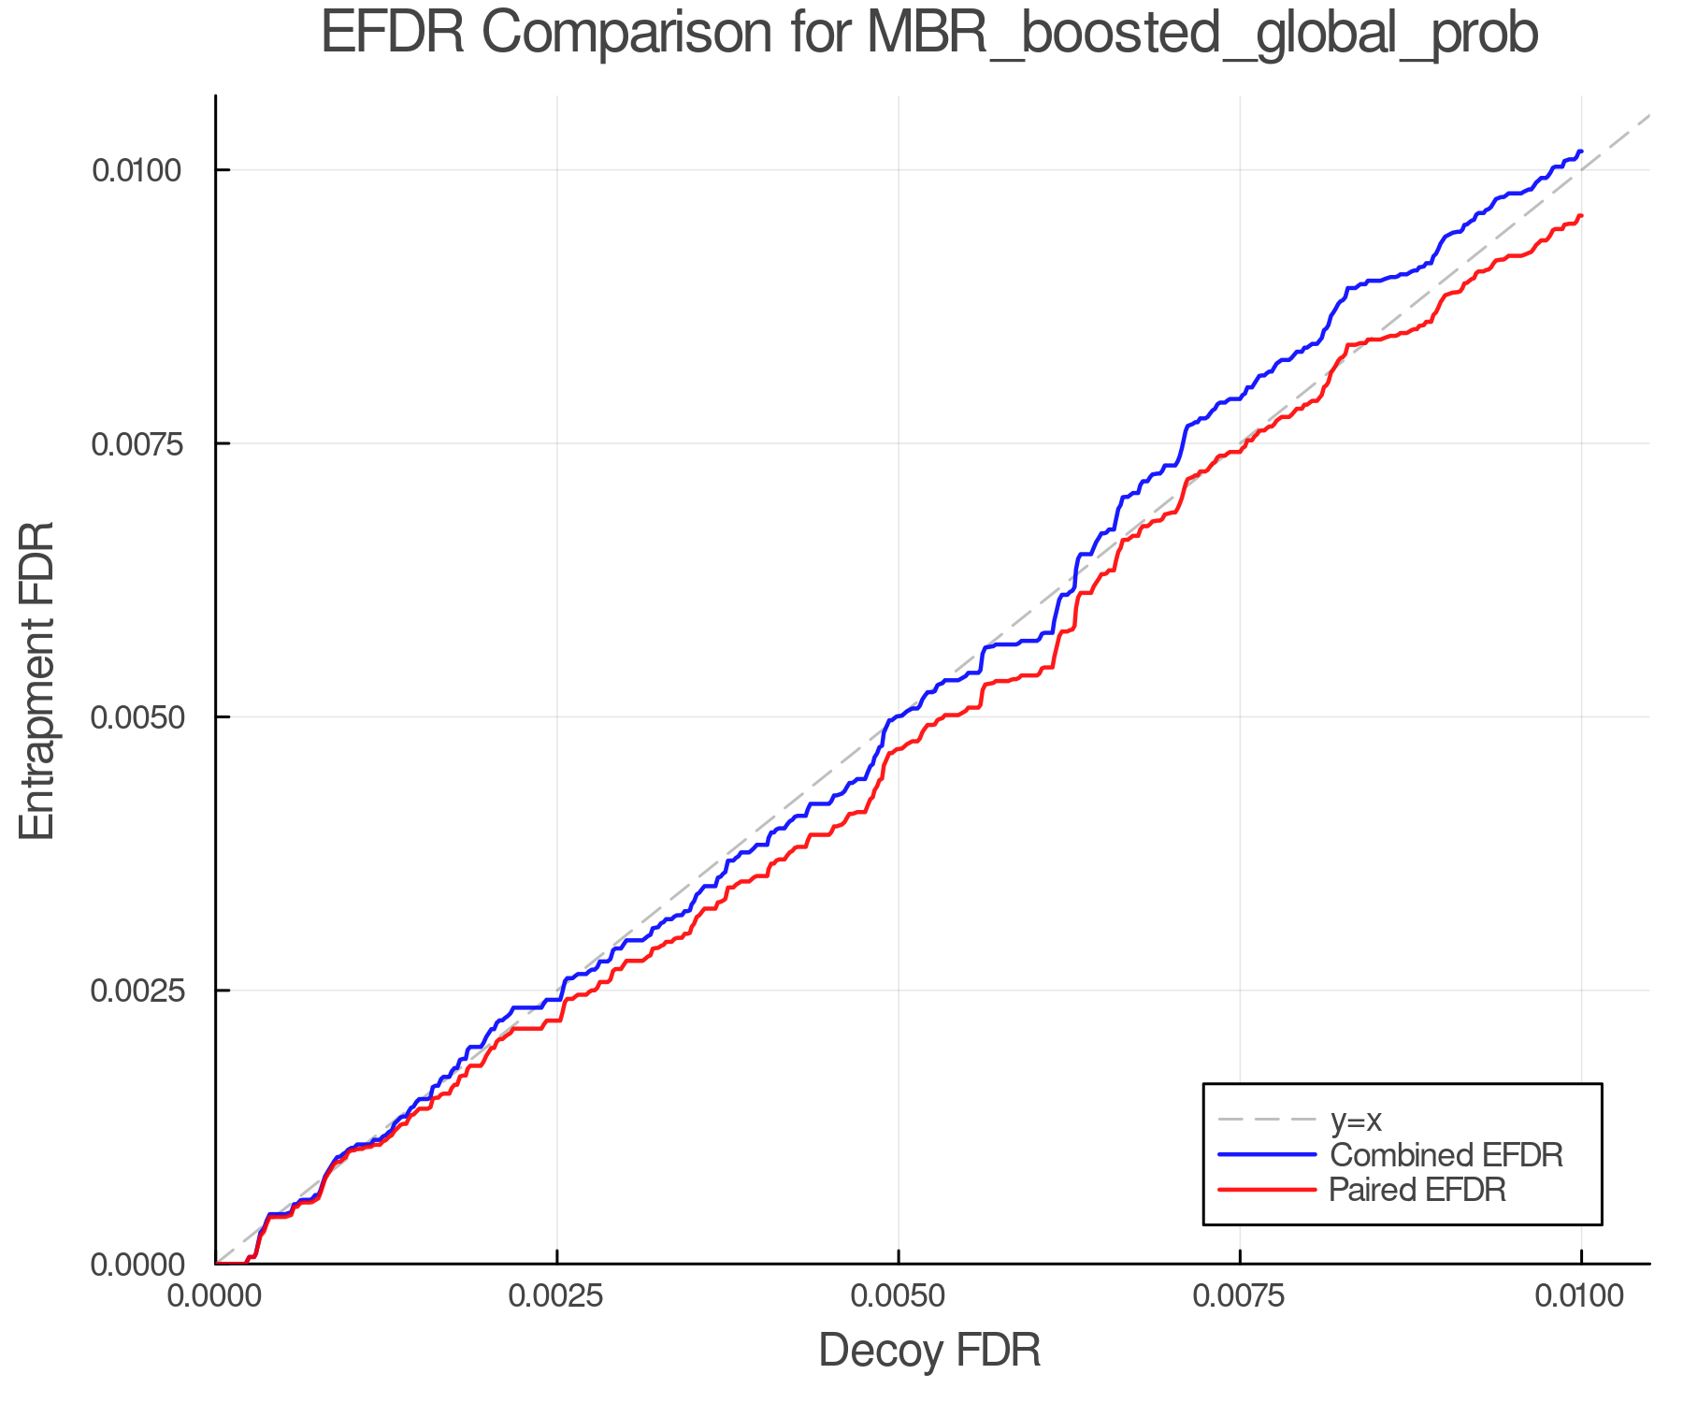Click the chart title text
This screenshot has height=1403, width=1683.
tap(929, 35)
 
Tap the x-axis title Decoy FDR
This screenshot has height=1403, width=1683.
tap(929, 1351)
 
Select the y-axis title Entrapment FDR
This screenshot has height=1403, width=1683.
tap(37, 681)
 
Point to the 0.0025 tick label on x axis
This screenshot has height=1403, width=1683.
tap(557, 1295)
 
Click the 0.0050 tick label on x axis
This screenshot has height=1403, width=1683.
tap(899, 1295)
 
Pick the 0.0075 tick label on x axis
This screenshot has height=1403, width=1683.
tap(1240, 1295)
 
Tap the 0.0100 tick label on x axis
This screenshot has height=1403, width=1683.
tap(1580, 1295)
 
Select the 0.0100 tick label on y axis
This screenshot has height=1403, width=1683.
tap(136, 170)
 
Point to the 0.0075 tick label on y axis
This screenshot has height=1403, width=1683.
tap(136, 443)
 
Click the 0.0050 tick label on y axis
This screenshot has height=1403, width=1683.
tap(136, 717)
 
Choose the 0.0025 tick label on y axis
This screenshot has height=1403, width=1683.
tap(136, 991)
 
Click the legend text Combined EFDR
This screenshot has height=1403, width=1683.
tap(1446, 1155)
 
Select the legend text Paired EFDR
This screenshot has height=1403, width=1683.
tap(1417, 1190)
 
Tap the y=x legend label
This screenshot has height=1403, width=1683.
tap(1356, 1120)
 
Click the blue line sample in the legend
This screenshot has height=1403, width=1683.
tap(1266, 1155)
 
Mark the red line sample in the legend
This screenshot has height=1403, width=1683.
tap(1266, 1190)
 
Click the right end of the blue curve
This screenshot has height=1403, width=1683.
tap(1580, 152)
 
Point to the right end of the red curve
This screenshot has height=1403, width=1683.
tap(1580, 216)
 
